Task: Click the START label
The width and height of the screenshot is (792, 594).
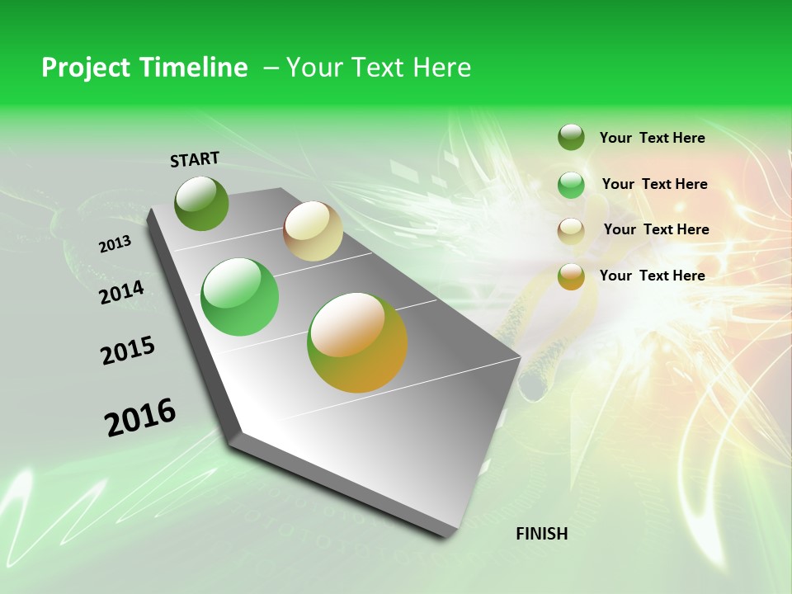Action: point(195,159)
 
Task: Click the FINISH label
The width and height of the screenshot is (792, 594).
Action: point(541,534)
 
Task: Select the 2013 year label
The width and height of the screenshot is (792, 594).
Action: point(115,244)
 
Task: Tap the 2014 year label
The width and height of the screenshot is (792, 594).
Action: point(121,292)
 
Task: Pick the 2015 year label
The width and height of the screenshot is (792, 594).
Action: point(128,351)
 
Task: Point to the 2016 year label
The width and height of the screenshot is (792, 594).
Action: point(140,417)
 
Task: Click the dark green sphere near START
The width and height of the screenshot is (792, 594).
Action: point(201,203)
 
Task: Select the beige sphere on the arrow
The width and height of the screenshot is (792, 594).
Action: point(313,231)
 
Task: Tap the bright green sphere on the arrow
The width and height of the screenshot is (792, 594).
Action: point(240,297)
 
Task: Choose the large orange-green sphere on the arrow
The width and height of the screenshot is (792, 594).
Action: point(357,342)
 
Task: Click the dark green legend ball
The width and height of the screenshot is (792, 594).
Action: point(571,137)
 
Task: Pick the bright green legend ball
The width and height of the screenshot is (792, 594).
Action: point(571,185)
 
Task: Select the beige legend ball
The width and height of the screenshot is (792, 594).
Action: point(571,230)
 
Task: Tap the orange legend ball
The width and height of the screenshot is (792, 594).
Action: point(571,276)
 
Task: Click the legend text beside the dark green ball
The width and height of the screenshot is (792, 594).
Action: point(652,138)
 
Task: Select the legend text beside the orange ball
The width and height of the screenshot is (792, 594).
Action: point(652,276)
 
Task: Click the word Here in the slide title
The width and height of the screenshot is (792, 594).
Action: point(441,68)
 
